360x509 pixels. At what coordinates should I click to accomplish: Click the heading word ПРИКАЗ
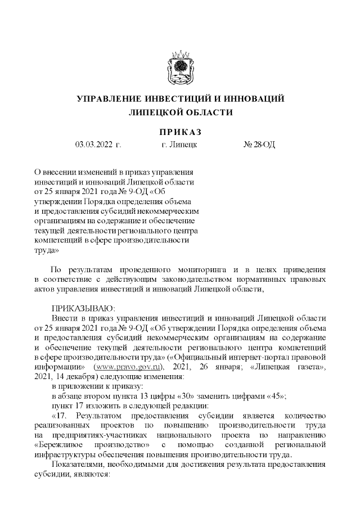180,132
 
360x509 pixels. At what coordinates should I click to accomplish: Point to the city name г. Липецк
179,145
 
